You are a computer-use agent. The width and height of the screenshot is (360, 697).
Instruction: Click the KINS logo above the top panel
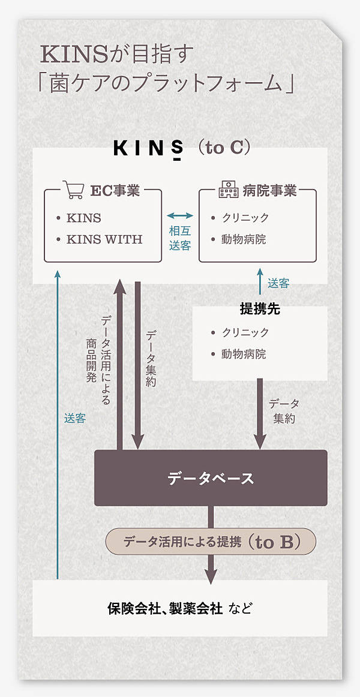coord(149,148)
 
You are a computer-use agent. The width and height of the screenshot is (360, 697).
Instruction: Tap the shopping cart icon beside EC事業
coord(73,191)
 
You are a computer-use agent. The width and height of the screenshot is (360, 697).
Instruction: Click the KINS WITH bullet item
coord(104,239)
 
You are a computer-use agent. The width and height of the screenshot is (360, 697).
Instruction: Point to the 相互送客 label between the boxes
coord(180,238)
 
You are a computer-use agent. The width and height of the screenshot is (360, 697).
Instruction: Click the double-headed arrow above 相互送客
coord(180,215)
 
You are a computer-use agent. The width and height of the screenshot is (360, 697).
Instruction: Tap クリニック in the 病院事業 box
coord(245,218)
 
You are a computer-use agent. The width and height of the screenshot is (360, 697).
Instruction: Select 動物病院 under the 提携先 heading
coord(244,354)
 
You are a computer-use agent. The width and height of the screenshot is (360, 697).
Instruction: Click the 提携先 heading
coord(259,310)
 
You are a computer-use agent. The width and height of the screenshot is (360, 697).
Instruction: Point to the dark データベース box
coord(211,478)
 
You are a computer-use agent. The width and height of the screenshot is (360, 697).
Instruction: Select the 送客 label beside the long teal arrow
coord(75,419)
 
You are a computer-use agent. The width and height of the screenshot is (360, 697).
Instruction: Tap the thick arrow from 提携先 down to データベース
coord(260,414)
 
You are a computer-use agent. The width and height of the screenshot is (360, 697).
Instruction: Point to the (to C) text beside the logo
coord(223,148)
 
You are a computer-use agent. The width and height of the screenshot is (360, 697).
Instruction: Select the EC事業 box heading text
coord(115,191)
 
